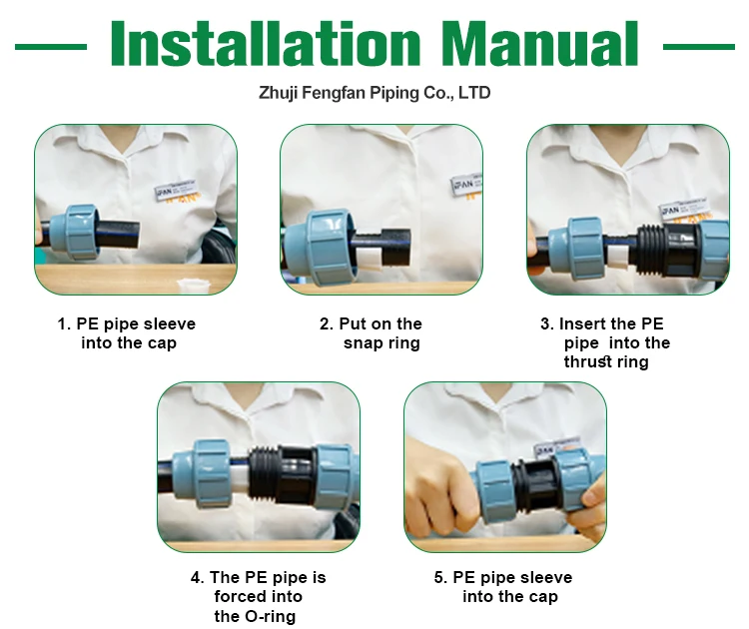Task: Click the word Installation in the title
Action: (x=266, y=43)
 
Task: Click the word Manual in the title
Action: (x=539, y=43)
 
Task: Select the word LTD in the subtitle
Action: (x=474, y=92)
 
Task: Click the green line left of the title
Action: (x=51, y=47)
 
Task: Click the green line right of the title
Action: (x=699, y=47)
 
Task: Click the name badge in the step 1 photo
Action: (x=175, y=190)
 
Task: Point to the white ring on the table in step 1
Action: (x=194, y=287)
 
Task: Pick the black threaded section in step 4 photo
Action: (x=265, y=475)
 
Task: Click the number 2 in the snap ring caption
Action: (x=325, y=323)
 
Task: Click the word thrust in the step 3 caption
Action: (x=585, y=362)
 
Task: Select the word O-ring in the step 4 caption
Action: (x=270, y=616)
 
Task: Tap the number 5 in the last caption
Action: (x=438, y=577)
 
